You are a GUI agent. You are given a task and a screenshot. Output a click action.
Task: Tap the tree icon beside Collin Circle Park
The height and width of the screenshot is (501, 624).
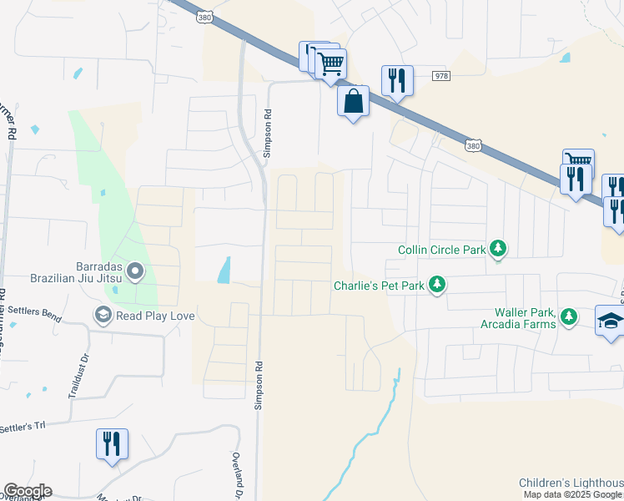(x=498, y=248)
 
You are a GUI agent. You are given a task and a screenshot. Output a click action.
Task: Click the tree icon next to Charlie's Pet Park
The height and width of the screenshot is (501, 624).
(x=436, y=286)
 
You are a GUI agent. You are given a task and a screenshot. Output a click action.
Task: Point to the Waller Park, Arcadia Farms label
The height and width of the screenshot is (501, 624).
(x=518, y=317)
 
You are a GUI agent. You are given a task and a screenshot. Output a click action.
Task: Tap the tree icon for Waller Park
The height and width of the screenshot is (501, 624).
(x=569, y=316)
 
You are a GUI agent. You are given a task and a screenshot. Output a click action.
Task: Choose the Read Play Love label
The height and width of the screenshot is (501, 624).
(x=143, y=316)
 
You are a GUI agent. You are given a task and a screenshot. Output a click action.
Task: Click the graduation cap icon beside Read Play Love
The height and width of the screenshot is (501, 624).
(x=103, y=315)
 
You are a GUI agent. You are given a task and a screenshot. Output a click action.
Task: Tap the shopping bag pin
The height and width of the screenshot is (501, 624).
(x=353, y=101)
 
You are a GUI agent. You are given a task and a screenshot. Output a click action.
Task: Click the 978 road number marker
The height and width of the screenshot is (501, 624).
(x=441, y=76)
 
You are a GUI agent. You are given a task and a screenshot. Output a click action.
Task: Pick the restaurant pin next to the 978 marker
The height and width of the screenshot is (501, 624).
(x=396, y=81)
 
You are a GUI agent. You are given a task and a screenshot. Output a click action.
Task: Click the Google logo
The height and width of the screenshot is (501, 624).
(x=28, y=491)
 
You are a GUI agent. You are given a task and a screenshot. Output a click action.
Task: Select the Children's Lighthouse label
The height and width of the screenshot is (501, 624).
(x=571, y=483)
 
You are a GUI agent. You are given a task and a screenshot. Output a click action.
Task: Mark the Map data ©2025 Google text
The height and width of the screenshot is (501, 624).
(x=572, y=494)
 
